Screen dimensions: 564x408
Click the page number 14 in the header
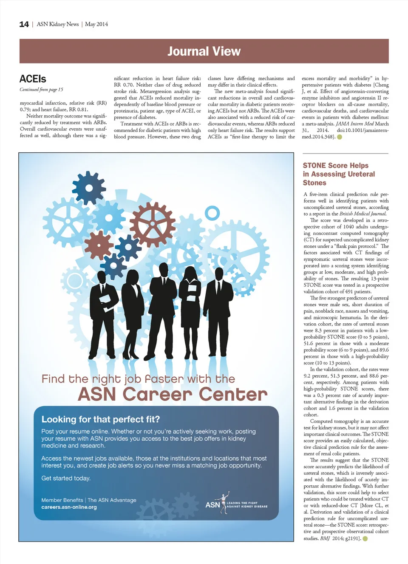click(x=24, y=24)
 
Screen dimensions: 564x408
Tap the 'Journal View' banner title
click(x=204, y=51)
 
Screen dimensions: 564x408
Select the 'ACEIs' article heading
click(x=33, y=79)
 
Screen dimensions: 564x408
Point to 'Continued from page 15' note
click(x=41, y=89)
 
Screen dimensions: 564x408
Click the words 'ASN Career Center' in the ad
click(x=173, y=394)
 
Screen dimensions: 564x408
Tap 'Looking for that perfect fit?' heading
click(x=101, y=419)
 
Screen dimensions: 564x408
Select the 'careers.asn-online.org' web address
click(x=69, y=507)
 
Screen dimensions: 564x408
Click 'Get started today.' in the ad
click(x=66, y=478)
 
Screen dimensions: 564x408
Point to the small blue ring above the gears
click(x=212, y=213)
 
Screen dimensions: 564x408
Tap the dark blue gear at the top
click(x=89, y=188)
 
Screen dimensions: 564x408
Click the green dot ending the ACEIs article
click(x=339, y=137)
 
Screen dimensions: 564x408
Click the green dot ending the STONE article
click(x=365, y=538)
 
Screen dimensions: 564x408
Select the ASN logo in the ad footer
click(x=213, y=504)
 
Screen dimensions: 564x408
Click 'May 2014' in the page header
click(x=96, y=24)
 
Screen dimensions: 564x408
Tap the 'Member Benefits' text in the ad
click(x=62, y=500)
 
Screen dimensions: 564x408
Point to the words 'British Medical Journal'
click(x=363, y=214)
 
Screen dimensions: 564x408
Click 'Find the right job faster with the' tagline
click(x=138, y=379)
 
